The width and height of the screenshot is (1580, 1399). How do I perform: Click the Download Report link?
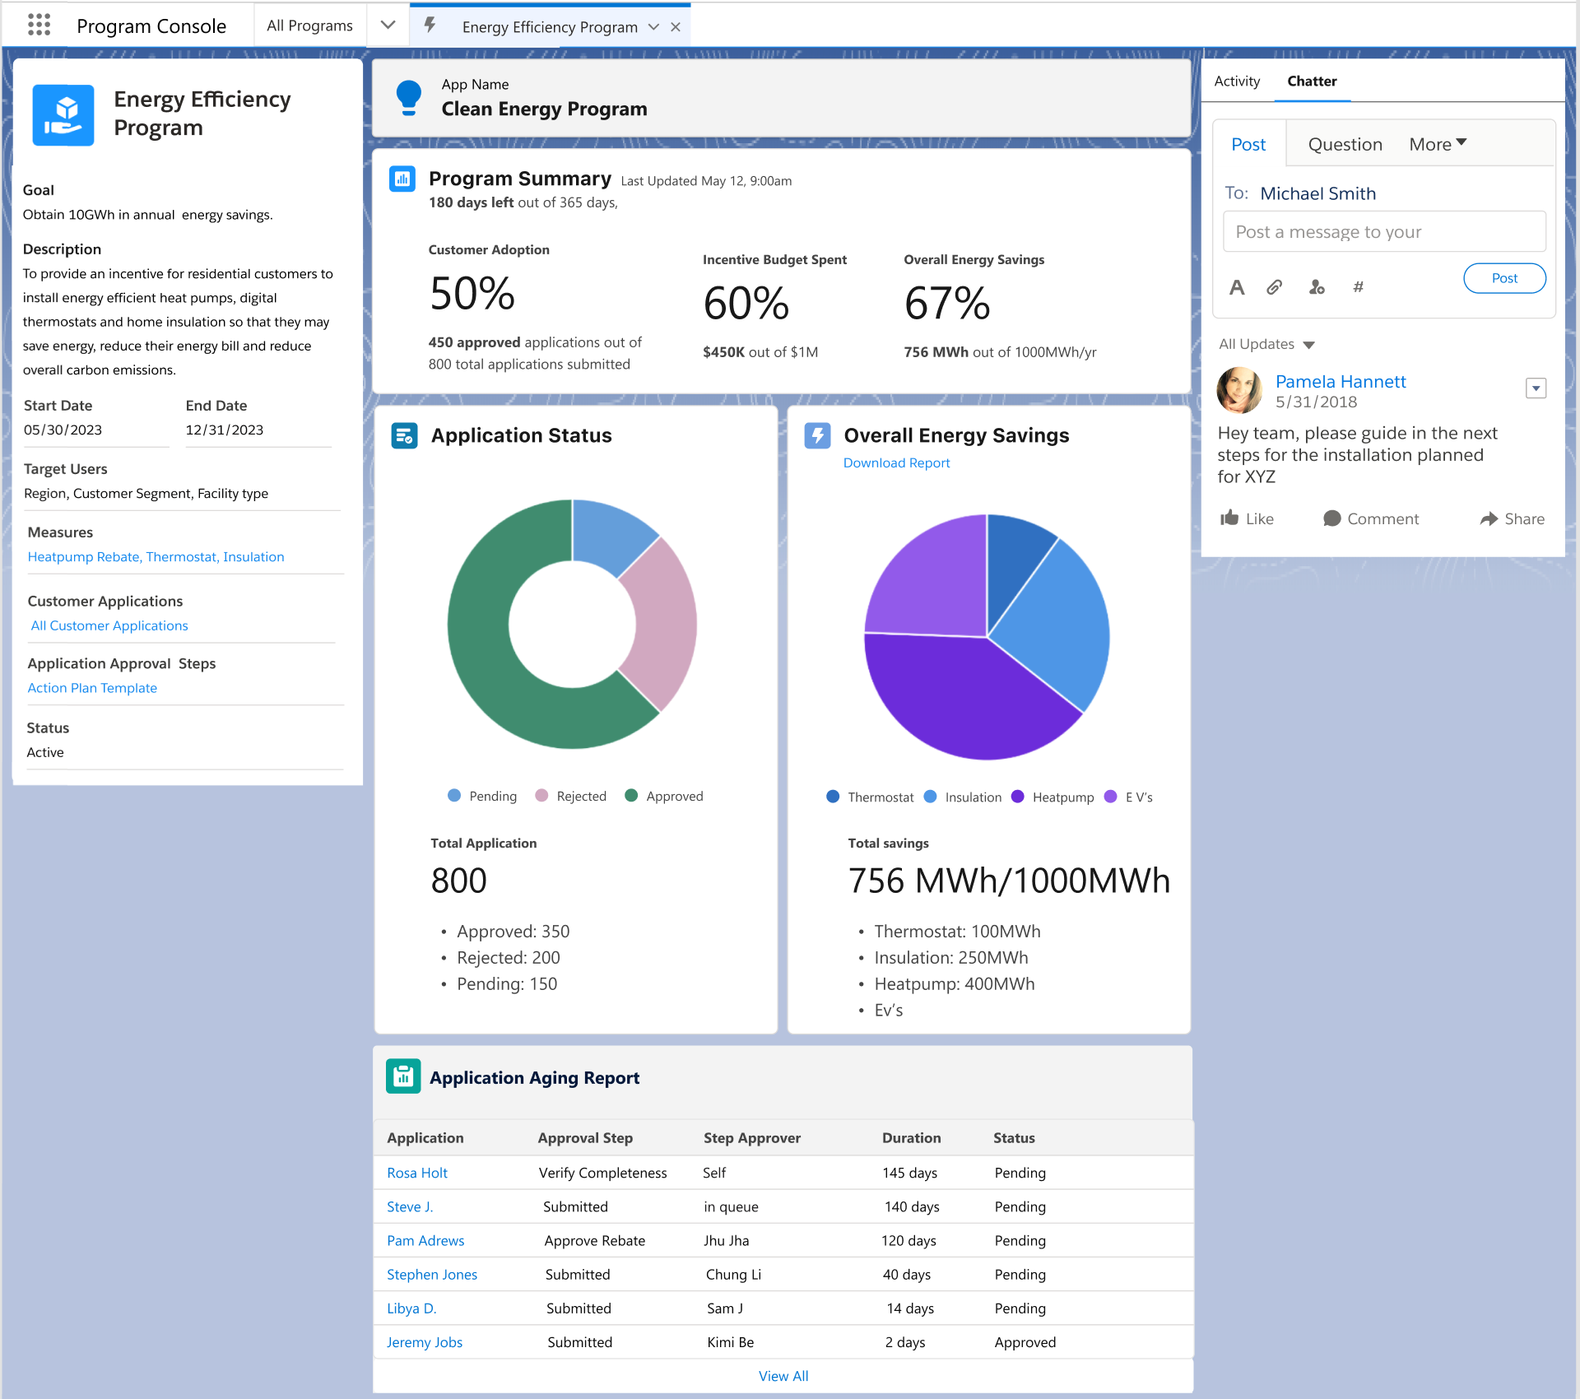(x=896, y=462)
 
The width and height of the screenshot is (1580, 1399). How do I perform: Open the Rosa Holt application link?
(x=417, y=1173)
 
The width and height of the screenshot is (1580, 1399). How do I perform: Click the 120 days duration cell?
(x=908, y=1240)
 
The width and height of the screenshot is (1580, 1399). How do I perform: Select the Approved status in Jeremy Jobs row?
(x=1025, y=1342)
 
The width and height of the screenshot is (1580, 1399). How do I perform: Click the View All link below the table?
(x=783, y=1376)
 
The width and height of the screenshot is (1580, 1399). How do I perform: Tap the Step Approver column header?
(x=751, y=1137)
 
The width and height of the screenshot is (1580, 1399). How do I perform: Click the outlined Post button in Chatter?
(x=1503, y=278)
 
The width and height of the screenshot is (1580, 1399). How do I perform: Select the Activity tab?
(x=1236, y=81)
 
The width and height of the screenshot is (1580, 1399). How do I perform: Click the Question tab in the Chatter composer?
(x=1345, y=144)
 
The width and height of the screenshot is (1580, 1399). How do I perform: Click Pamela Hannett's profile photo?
(x=1238, y=390)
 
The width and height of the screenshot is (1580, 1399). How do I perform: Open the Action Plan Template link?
(x=92, y=688)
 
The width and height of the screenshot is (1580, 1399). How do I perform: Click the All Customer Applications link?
(x=109, y=625)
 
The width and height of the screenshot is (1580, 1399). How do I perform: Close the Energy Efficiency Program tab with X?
(x=676, y=27)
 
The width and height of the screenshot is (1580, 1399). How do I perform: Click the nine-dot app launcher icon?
(x=39, y=25)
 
